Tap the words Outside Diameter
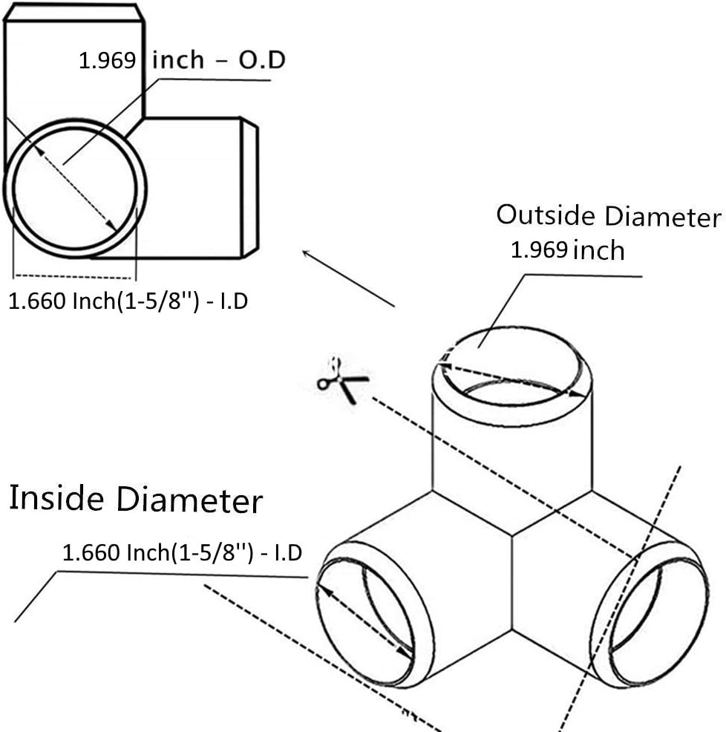[x=608, y=216]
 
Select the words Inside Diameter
[x=135, y=499]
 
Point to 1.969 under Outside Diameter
[x=539, y=250]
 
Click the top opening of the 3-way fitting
[x=512, y=367]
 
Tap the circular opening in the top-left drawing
[x=75, y=189]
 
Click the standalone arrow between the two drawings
[x=348, y=278]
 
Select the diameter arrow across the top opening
[x=512, y=379]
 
